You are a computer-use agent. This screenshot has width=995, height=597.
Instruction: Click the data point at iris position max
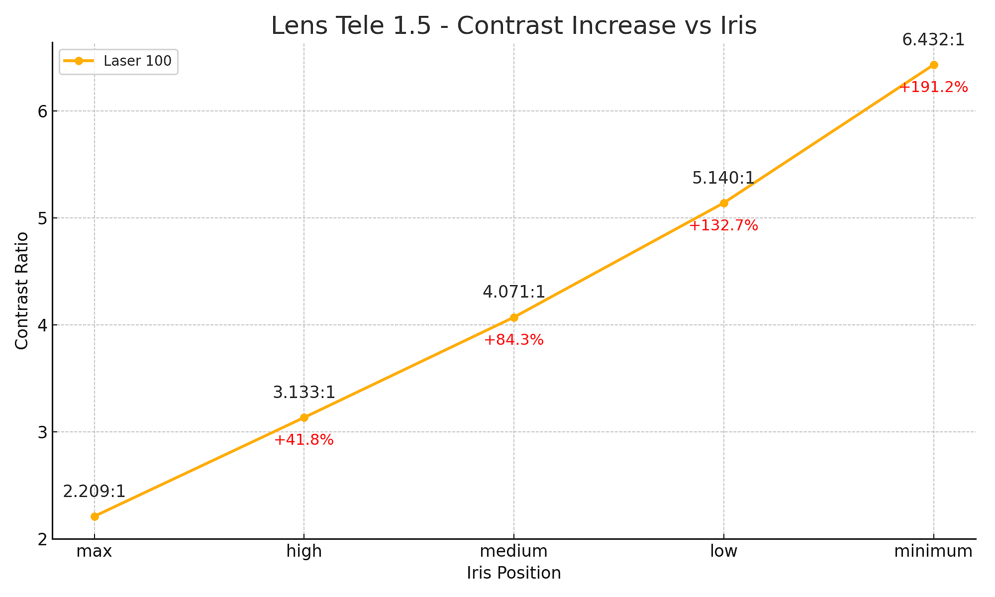point(95,516)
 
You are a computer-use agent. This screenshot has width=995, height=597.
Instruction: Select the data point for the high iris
point(304,417)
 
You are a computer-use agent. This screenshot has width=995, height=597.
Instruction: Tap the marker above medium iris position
point(514,317)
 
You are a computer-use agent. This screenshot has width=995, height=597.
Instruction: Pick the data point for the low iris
point(724,203)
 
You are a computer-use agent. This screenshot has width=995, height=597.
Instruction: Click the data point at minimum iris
point(934,65)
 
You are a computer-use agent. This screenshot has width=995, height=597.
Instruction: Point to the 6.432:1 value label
point(933,40)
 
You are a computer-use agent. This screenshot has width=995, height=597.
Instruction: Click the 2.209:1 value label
point(95,492)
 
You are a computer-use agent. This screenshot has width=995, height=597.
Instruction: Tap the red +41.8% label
point(304,440)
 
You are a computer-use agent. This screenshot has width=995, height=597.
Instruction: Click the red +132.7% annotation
point(724,226)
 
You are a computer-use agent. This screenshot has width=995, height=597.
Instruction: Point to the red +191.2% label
point(933,88)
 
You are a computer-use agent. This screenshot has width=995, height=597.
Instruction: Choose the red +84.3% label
point(514,340)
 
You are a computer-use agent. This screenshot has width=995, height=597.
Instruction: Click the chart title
point(513,26)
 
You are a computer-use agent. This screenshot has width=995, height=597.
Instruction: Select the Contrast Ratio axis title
point(21,291)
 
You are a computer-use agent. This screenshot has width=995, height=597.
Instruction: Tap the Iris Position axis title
point(513,573)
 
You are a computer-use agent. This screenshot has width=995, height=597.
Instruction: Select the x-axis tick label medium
point(514,551)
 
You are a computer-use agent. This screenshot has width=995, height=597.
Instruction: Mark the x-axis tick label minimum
point(933,551)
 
